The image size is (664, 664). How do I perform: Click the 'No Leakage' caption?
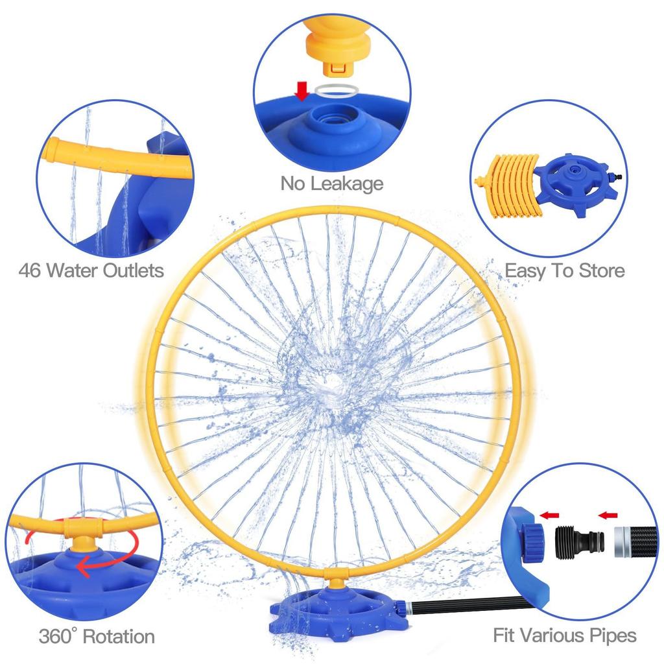coord(331,184)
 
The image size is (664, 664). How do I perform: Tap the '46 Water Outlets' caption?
coord(91,270)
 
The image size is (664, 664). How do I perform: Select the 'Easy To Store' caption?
coord(565,270)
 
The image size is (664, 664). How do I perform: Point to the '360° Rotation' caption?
coord(97,635)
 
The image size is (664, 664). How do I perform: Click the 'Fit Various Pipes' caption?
coord(565,635)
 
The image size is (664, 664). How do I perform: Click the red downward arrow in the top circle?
coord(302,91)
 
